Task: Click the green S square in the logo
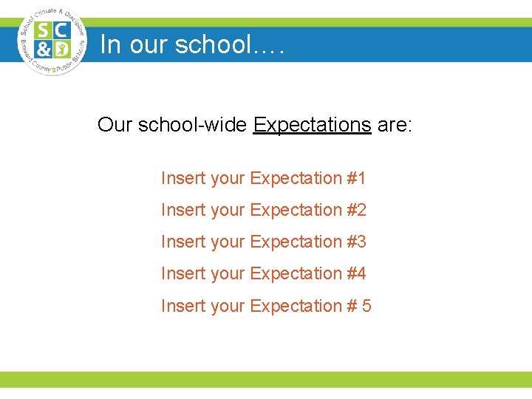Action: coord(44,31)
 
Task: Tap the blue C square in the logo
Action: coord(62,31)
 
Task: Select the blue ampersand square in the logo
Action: coord(44,50)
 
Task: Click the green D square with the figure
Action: coord(62,50)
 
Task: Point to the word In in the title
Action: coord(109,44)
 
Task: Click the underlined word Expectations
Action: coord(312,124)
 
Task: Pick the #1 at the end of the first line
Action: coord(356,178)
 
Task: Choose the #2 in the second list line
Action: coord(356,210)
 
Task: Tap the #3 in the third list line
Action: coord(356,242)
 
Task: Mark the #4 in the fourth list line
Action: coord(356,273)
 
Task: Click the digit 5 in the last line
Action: coord(366,305)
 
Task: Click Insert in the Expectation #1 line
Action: coord(183,178)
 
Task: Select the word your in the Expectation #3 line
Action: coord(228,242)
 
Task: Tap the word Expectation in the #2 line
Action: coord(296,210)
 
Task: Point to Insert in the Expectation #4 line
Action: coord(183,273)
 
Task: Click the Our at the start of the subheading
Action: coord(114,124)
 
